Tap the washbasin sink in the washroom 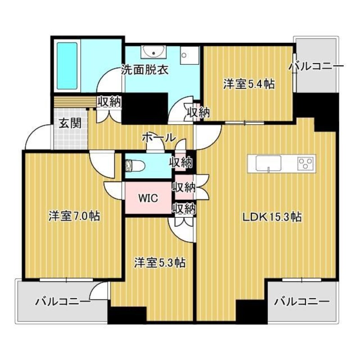(x=153, y=53)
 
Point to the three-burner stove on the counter (x=306, y=162)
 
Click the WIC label (x=148, y=198)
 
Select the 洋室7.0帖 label (x=74, y=216)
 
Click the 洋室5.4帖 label (x=249, y=83)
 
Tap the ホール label (x=158, y=137)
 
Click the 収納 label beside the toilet (x=181, y=162)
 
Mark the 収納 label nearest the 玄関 (x=109, y=102)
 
